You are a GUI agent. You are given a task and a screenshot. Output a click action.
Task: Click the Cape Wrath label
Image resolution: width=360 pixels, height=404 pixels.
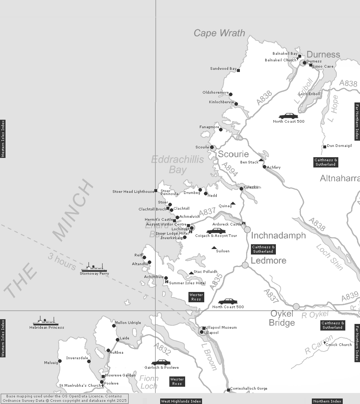tap(219, 33)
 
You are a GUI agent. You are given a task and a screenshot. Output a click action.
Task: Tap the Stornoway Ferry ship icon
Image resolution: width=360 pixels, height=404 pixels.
tap(94, 268)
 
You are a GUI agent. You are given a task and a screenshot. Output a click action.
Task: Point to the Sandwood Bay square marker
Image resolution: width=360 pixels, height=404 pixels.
tap(238, 71)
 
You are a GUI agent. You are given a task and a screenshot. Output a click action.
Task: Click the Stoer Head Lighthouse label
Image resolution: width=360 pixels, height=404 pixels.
tap(133, 192)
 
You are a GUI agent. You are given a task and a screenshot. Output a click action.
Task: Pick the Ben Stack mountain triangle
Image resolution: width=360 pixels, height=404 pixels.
tap(261, 160)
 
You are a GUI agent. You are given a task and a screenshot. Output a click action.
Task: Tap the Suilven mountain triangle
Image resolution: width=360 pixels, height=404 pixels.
tap(214, 248)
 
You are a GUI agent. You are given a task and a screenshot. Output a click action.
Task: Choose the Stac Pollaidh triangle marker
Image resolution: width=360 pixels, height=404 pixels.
tap(191, 273)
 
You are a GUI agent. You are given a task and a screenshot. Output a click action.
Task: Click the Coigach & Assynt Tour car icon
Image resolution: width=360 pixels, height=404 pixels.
tap(215, 231)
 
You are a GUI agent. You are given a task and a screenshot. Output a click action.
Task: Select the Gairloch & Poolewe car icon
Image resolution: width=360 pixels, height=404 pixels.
tap(161, 363)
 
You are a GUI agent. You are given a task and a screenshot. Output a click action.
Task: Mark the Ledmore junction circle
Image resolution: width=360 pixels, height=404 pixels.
tap(245, 265)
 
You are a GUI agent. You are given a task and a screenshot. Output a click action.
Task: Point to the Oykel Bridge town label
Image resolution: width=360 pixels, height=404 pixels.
tap(282, 318)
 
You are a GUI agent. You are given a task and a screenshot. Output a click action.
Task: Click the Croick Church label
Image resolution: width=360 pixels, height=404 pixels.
tap(339, 345)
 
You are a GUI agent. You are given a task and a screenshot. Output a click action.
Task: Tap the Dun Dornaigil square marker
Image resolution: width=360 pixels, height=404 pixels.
tap(325, 147)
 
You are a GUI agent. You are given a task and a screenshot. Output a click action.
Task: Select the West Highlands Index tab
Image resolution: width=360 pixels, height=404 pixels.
tap(181, 401)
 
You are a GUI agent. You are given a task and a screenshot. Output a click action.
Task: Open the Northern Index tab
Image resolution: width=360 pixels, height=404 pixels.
tap(327, 401)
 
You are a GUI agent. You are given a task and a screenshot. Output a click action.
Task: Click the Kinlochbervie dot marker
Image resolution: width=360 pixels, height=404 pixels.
tap(236, 104)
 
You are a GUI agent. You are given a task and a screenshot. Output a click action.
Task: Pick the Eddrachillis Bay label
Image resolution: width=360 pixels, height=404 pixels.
tap(177, 165)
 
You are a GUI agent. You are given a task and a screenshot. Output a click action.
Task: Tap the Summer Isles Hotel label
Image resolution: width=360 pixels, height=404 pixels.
tap(187, 283)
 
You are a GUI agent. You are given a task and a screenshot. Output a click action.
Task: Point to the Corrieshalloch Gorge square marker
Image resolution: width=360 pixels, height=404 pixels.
tap(228, 390)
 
